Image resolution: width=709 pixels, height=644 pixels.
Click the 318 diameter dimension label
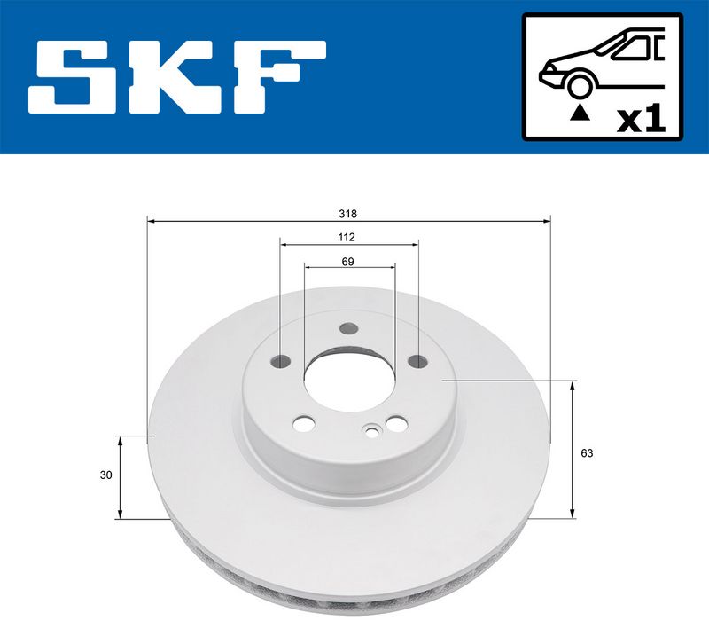tap(347, 214)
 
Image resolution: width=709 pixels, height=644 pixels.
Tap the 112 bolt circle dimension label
tap(347, 237)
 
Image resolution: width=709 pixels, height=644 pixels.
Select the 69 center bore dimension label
tap(347, 262)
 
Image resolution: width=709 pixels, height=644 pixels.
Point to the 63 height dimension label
tap(587, 453)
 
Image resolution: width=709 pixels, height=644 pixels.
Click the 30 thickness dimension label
tap(105, 475)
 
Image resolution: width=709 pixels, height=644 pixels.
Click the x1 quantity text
tap(641, 120)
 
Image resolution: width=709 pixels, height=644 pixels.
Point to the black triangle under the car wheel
tap(580, 113)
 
